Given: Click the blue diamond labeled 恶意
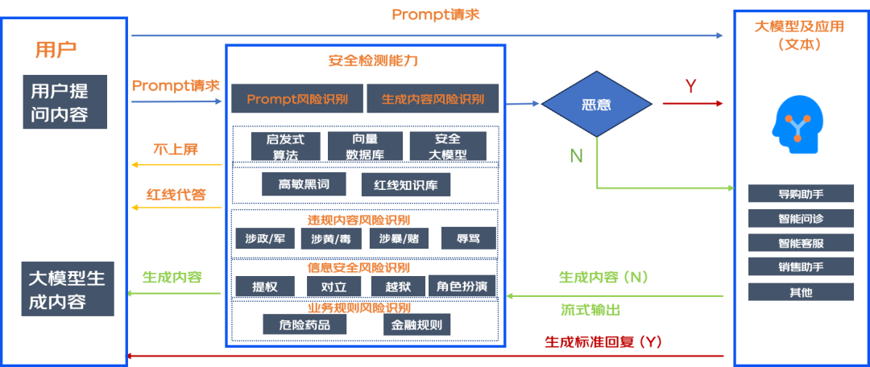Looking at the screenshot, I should [596, 104].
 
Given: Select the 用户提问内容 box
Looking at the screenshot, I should [65, 101].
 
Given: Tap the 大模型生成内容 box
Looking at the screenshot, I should [67, 290].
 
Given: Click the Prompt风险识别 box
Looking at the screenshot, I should [297, 99].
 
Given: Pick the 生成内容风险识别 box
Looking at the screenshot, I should [433, 99].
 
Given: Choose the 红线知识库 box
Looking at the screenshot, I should [406, 184].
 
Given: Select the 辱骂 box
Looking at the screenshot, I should [468, 238].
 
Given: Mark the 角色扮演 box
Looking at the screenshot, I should [462, 286].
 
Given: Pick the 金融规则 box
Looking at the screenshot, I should [416, 324].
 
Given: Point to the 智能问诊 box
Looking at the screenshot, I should [801, 217].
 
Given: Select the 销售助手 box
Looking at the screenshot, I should [801, 266].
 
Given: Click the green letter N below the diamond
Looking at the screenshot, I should [576, 156].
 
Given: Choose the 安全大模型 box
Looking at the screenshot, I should [448, 146].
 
